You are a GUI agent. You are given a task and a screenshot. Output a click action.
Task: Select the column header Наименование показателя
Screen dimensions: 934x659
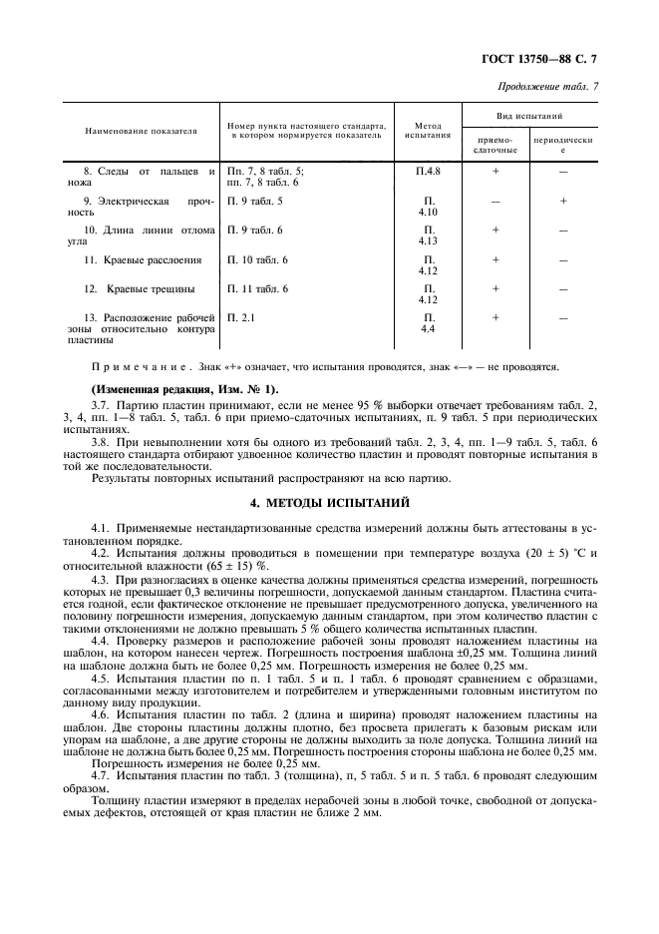tap(141, 131)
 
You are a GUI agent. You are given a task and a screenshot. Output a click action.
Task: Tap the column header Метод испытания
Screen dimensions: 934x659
tap(428, 131)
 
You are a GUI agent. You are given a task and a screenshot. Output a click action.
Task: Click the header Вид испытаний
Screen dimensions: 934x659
tap(530, 116)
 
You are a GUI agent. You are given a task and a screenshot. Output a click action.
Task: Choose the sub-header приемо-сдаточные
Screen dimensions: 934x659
tap(495, 147)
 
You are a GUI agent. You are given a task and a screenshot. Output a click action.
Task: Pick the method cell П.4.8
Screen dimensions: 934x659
tap(428, 172)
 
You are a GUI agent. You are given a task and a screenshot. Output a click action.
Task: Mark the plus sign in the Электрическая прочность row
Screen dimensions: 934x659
tap(563, 201)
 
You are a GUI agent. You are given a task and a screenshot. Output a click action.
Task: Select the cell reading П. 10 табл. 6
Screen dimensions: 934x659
tap(257, 259)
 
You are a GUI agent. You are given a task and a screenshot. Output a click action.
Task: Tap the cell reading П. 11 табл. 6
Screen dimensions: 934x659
tap(257, 288)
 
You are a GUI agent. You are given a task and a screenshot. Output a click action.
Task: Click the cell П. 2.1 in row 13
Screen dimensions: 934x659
tap(241, 317)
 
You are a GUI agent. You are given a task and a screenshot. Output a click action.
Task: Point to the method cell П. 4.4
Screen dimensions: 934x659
tap(428, 323)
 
